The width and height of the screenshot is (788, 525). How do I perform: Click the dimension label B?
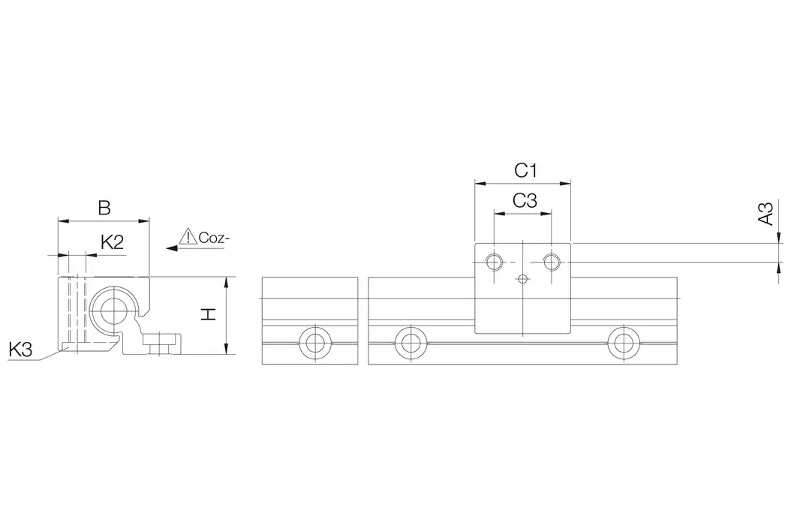pyautogui.click(x=104, y=208)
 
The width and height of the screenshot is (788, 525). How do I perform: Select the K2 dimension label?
pyautogui.click(x=112, y=243)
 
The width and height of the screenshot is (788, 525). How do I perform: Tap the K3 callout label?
pyautogui.click(x=20, y=349)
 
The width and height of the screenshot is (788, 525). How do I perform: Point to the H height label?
pyautogui.click(x=208, y=314)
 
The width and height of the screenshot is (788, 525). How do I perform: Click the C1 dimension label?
pyautogui.click(x=525, y=171)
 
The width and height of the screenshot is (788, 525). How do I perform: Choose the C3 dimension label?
pyautogui.click(x=525, y=201)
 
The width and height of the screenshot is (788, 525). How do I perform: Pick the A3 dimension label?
pyautogui.click(x=766, y=214)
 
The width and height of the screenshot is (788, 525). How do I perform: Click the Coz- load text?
pyautogui.click(x=214, y=238)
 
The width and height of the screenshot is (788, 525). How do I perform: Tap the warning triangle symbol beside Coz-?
pyautogui.click(x=188, y=236)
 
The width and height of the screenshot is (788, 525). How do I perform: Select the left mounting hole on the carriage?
pyautogui.click(x=494, y=262)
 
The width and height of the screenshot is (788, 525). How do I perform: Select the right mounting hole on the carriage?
pyautogui.click(x=552, y=262)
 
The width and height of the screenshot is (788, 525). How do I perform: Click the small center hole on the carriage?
pyautogui.click(x=523, y=278)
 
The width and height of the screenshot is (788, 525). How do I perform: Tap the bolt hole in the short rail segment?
pyautogui.click(x=314, y=343)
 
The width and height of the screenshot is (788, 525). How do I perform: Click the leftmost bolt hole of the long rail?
pyautogui.click(x=411, y=343)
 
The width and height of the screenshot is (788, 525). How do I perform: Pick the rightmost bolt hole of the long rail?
pyautogui.click(x=623, y=343)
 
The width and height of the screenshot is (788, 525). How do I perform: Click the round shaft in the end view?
pyautogui.click(x=112, y=311)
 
